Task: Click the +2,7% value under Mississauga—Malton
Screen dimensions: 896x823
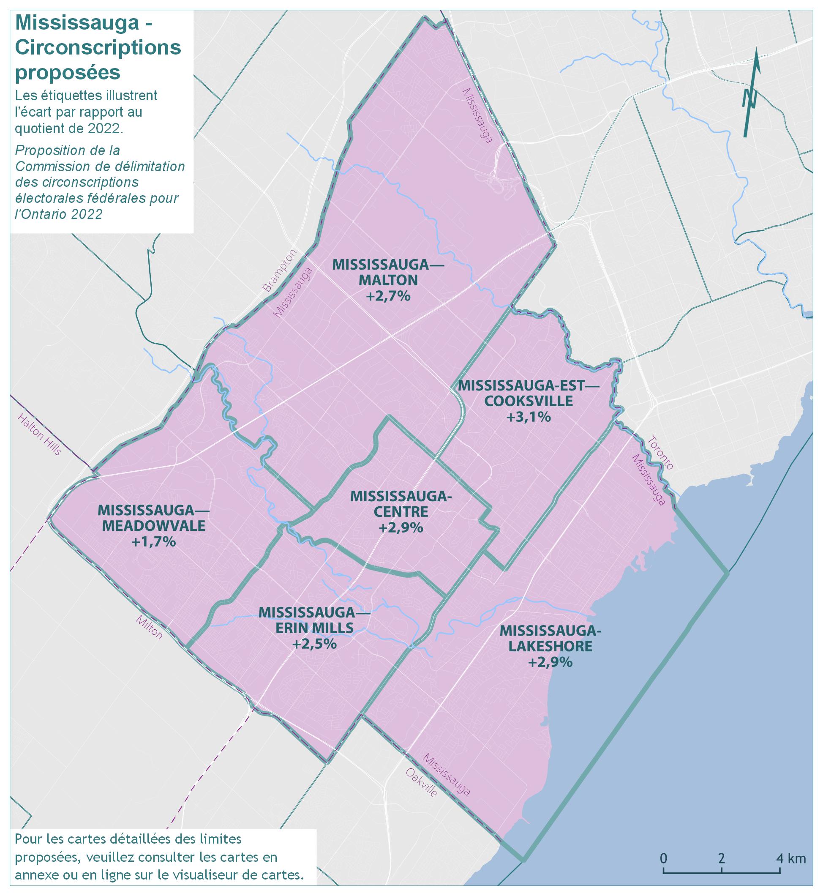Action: pos(388,296)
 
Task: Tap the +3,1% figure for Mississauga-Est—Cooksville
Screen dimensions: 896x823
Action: pos(529,417)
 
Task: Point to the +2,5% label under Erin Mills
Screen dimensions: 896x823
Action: pos(314,644)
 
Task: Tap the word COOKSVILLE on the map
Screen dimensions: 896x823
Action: pos(529,401)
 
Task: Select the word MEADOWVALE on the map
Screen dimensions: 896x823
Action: pos(154,526)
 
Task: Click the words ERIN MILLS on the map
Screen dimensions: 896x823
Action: pos(314,628)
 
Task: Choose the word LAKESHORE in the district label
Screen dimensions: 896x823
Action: pos(550,647)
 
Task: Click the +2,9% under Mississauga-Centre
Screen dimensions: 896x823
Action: pos(401,527)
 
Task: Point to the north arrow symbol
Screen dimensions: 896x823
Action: pos(751,93)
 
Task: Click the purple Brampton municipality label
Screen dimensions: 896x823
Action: pos(279,271)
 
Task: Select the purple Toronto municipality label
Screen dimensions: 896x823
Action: pos(660,453)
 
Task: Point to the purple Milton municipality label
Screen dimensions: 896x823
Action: pos(150,627)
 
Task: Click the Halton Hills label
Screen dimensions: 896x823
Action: pos(39,434)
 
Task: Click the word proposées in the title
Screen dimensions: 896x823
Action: pos(68,73)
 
